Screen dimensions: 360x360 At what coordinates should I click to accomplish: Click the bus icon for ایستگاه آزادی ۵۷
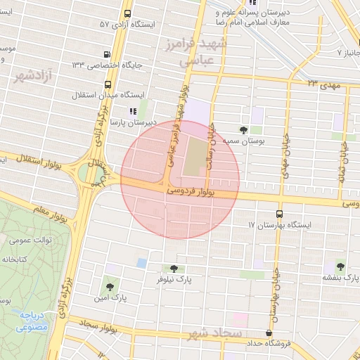click(x=127, y=14)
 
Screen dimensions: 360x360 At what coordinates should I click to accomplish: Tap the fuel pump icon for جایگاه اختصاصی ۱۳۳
click(x=107, y=54)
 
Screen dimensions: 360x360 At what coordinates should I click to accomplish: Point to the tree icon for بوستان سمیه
click(x=243, y=130)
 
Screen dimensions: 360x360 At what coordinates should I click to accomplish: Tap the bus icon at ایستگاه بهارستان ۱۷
click(x=280, y=214)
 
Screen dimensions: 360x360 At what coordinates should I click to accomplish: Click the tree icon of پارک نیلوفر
click(x=174, y=268)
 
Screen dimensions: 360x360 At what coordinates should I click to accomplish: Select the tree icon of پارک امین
click(x=109, y=286)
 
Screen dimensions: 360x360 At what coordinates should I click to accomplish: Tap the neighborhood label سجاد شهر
click(x=214, y=333)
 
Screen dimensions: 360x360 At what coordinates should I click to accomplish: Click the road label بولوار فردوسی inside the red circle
click(x=191, y=190)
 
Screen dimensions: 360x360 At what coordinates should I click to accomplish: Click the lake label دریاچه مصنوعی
click(x=32, y=321)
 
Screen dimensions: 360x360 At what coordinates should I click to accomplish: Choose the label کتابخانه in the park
click(x=23, y=259)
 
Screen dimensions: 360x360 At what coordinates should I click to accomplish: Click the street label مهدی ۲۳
click(x=322, y=84)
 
